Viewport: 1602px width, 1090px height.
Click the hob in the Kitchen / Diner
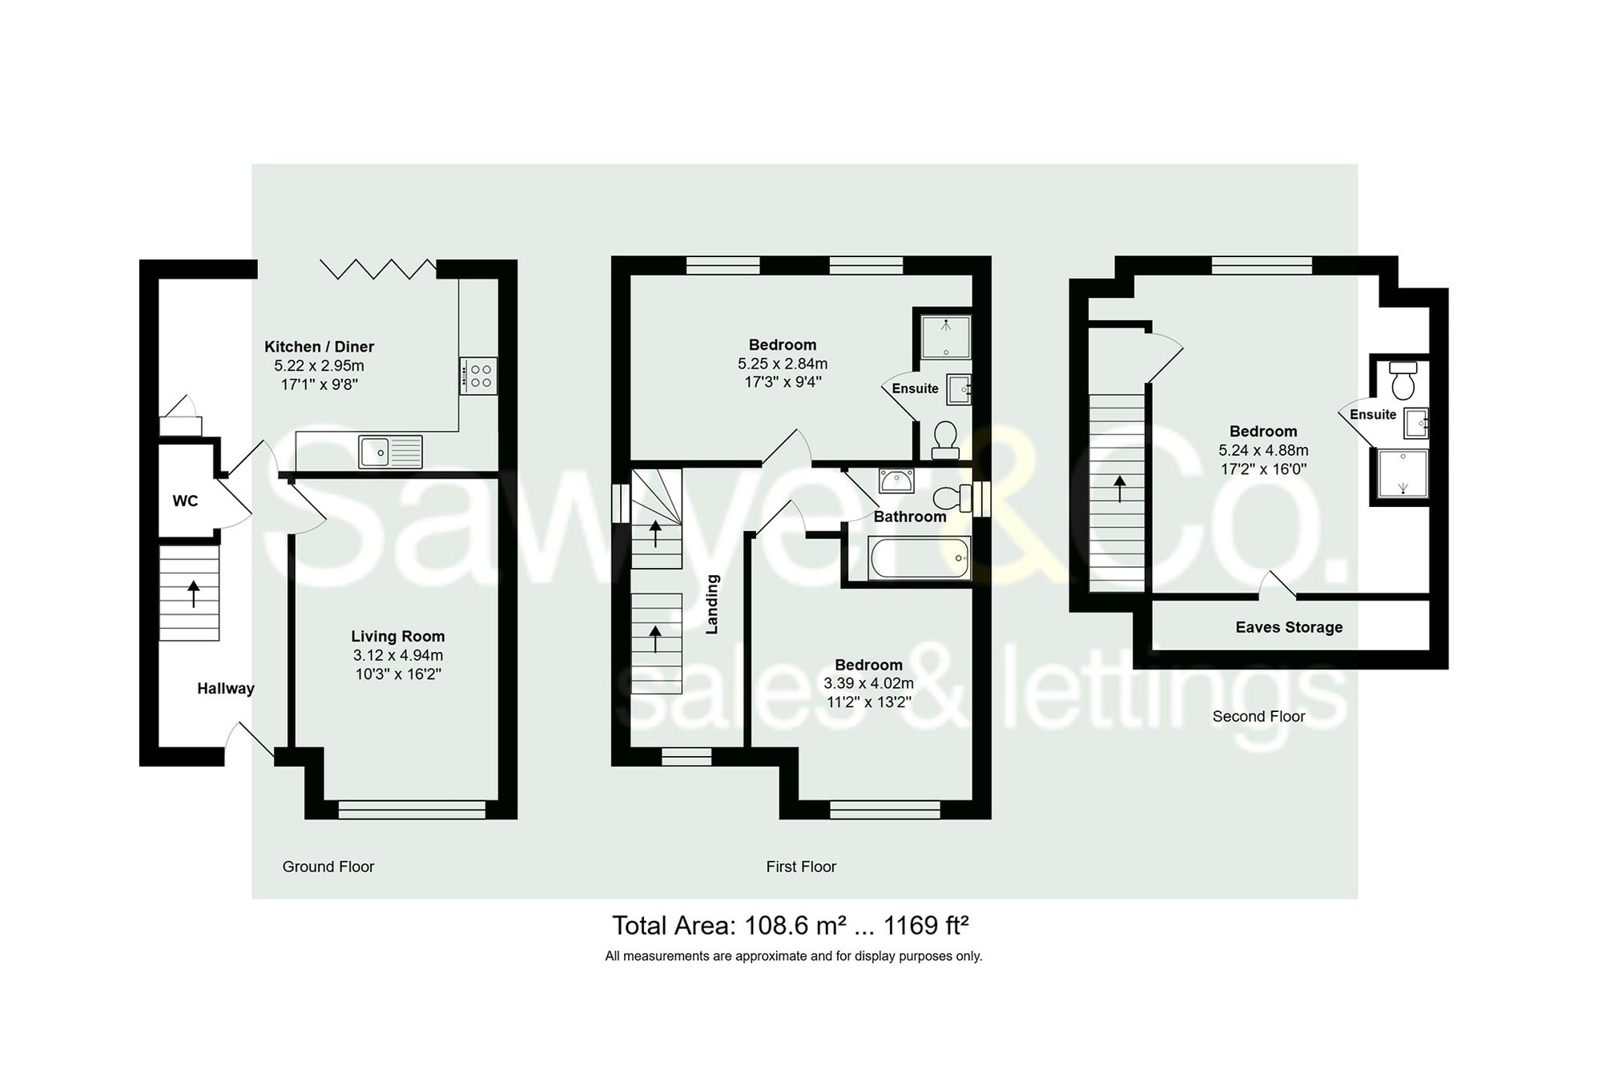[478, 376]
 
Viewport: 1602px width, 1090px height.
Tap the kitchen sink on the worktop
[390, 451]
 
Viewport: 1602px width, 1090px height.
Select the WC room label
[185, 501]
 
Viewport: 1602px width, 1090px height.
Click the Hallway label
[226, 689]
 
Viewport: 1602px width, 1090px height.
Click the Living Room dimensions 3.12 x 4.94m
[397, 656]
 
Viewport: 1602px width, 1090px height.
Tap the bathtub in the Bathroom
[920, 557]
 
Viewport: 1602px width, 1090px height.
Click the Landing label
[712, 604]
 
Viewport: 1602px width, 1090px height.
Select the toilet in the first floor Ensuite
[945, 439]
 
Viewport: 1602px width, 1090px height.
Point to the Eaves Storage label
[1289, 628]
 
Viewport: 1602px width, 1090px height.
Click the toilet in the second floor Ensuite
[1403, 381]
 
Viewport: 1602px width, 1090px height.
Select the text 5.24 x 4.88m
[1263, 451]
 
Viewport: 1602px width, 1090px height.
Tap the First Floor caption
[800, 867]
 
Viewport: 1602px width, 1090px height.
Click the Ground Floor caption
[328, 867]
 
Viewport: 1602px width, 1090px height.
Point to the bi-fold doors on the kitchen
[378, 269]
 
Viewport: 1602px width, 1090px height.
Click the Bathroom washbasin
[896, 481]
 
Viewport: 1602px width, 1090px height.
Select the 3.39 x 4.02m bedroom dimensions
[868, 684]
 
